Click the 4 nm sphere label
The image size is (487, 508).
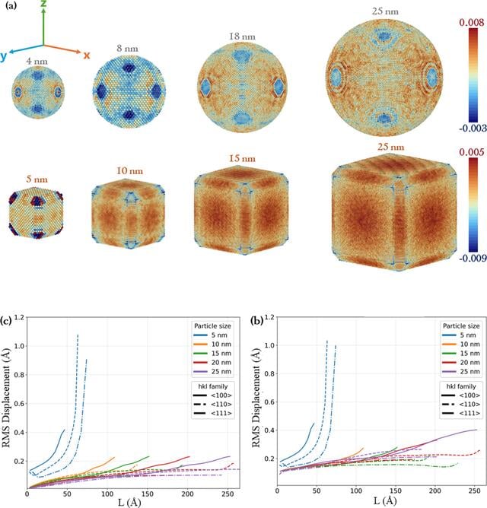[x=37, y=62]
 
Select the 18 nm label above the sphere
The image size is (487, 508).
[x=242, y=37]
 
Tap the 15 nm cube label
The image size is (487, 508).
[x=242, y=158]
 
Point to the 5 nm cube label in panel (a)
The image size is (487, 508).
[x=37, y=179]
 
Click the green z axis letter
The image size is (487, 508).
[x=43, y=3]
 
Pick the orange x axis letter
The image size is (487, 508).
[x=87, y=56]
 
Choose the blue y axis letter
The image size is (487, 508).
[x=4, y=56]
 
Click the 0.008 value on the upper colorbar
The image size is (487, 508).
[x=472, y=23]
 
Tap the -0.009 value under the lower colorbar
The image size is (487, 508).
[x=473, y=258]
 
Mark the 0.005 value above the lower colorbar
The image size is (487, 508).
[x=472, y=152]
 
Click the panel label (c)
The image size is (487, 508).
[x=6, y=321]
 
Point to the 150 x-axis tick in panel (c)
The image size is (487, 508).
[x=147, y=494]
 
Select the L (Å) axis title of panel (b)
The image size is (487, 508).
[x=385, y=501]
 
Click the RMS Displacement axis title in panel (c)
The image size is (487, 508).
[x=6, y=398]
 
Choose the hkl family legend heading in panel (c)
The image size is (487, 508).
[x=213, y=386]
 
